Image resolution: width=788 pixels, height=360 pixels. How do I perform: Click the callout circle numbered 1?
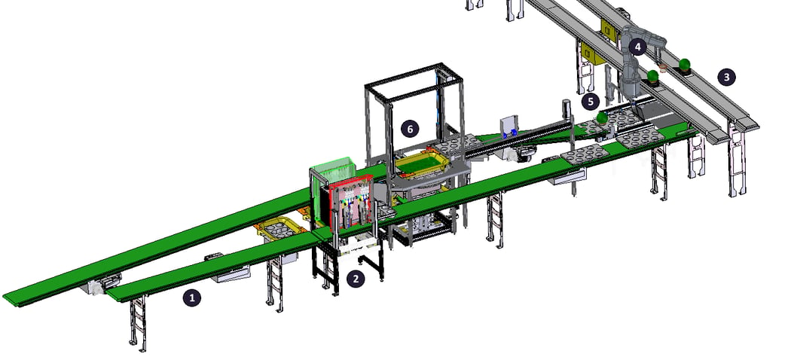191,298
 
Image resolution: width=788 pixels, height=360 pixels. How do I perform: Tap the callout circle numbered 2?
356,279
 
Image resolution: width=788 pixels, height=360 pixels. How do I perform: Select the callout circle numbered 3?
726,78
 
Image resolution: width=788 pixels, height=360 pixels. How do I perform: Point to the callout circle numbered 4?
638,47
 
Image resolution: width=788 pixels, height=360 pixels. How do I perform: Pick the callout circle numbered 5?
591,102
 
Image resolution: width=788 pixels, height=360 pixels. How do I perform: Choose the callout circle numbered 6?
410,129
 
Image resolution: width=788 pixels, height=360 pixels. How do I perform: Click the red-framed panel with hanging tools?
351,204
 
